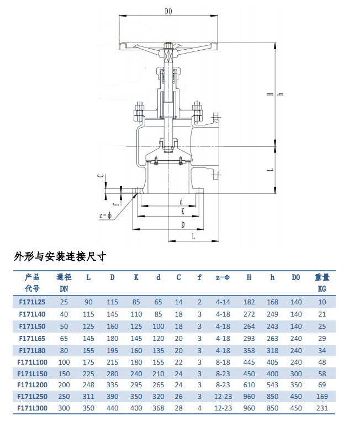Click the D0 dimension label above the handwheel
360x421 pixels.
point(168,11)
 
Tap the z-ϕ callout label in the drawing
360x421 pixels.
point(105,215)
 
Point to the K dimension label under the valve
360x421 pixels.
point(183,212)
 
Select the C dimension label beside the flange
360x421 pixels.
point(100,176)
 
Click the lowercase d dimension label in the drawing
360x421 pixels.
point(181,202)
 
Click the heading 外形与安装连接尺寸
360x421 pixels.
point(60,257)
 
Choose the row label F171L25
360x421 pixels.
point(32,302)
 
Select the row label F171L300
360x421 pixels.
point(32,408)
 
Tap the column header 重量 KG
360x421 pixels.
point(322,283)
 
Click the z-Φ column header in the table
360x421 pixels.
point(223,277)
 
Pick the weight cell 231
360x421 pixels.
point(322,408)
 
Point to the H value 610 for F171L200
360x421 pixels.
point(249,385)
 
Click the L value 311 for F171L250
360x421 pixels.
point(88,397)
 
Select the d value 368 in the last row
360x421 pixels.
point(158,408)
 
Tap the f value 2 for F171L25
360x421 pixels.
point(199,302)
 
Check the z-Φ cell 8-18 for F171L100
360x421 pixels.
point(223,362)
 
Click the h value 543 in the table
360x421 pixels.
point(272,385)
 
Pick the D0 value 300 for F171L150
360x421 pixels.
point(296,373)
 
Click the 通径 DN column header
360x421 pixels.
point(64,283)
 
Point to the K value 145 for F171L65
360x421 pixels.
point(136,339)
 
